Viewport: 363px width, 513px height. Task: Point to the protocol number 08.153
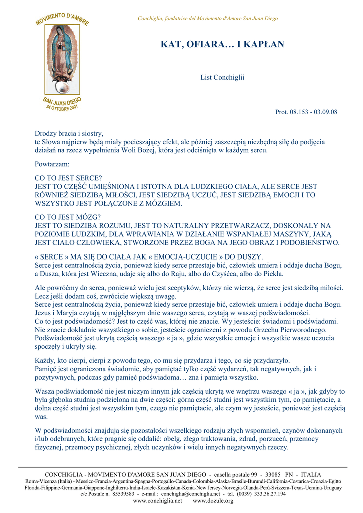(x=300, y=112)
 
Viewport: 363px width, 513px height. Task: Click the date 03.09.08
(x=326, y=112)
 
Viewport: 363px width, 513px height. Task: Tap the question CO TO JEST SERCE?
(x=68, y=178)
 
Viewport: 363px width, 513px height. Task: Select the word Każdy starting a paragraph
(x=45, y=360)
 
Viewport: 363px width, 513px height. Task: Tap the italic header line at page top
(x=208, y=19)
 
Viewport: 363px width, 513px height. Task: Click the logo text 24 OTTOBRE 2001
(x=62, y=108)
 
